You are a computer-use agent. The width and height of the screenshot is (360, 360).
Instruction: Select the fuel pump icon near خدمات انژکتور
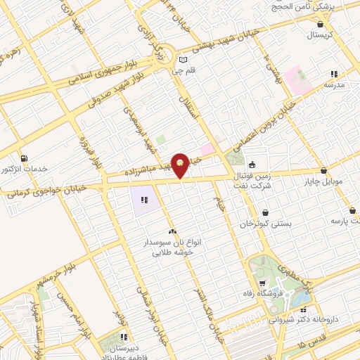tap(25, 158)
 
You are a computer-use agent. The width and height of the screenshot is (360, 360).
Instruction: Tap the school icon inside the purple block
tap(145, 200)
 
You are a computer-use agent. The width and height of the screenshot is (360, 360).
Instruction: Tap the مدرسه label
tap(334, 84)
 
